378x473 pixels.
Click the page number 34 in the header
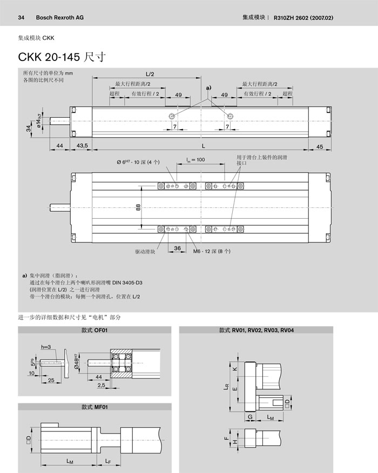click(22, 17)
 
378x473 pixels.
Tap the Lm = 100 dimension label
click(196, 160)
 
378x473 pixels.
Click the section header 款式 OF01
click(95, 330)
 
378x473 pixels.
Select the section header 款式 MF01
click(95, 407)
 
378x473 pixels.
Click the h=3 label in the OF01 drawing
click(45, 346)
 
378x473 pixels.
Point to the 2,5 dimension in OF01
click(101, 386)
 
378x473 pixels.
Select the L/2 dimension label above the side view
click(150, 73)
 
